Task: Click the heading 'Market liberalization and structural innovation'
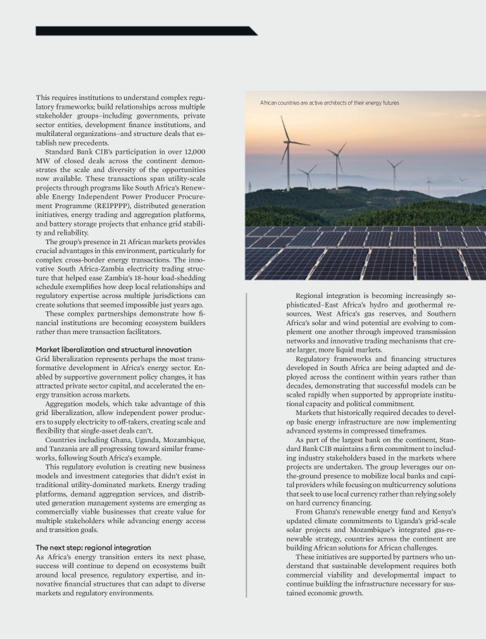[113, 349]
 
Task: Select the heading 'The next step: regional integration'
[93, 547]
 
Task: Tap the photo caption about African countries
[329, 102]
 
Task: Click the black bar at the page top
[146, 30]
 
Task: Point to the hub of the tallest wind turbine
[288, 142]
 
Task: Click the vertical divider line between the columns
[246, 443]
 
